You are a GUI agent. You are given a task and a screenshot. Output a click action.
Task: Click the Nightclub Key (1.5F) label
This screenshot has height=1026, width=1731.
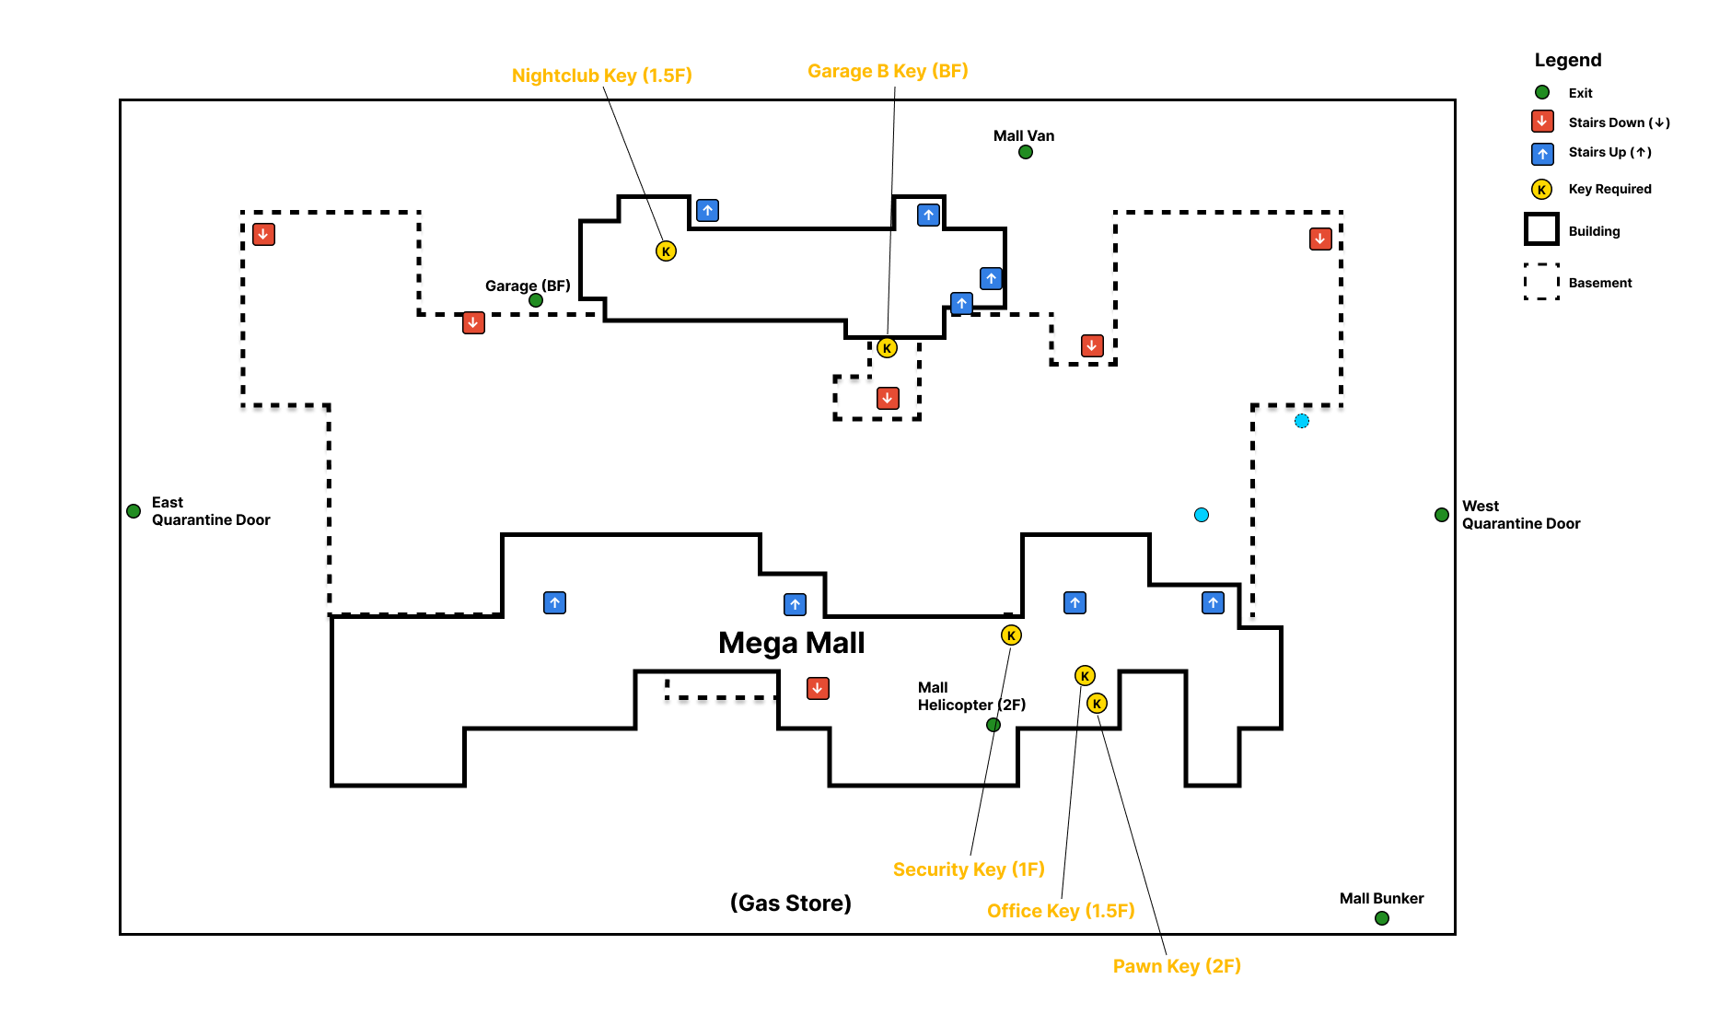coord(601,76)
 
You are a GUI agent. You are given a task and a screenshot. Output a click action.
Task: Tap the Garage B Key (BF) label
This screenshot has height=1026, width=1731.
coord(888,71)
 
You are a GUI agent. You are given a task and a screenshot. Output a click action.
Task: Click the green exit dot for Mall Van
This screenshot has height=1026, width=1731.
coord(1026,152)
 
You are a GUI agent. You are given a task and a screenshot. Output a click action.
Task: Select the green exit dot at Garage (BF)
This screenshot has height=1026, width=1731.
coord(536,300)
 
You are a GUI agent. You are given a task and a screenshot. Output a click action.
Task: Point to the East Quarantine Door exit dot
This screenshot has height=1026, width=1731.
coord(134,511)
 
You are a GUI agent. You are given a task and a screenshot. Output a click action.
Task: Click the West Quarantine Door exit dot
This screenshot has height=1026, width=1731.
coord(1442,515)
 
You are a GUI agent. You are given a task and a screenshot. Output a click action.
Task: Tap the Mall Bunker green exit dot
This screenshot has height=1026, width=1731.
coord(1382,918)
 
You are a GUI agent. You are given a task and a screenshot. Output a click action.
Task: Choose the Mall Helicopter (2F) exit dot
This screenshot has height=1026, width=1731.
coord(993,725)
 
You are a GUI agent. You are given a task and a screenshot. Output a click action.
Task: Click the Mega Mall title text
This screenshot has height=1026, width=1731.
coord(791,643)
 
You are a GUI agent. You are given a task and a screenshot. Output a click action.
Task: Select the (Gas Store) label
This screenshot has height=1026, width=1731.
coord(791,904)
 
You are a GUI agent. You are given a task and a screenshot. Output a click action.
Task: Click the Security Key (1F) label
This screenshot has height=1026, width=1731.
coord(969,869)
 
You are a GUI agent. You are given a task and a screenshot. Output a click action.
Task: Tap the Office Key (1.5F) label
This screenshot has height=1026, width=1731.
coord(1061,911)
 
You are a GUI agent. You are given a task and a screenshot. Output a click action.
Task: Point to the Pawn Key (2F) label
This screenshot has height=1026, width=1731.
coord(1177,966)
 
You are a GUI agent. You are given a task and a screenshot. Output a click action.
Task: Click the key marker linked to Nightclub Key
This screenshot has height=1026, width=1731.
coord(666,251)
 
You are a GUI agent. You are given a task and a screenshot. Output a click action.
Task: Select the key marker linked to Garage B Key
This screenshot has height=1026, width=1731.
coord(887,348)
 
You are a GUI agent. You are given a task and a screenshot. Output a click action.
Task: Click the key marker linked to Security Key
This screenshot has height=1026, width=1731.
coord(1011,635)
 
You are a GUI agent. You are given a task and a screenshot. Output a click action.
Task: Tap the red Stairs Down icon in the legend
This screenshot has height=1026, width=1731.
coord(1542,122)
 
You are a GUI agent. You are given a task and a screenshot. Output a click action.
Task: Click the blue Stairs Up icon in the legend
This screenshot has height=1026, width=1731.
coord(1542,153)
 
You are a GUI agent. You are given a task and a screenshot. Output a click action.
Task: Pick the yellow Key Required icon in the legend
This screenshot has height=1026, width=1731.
coord(1541,190)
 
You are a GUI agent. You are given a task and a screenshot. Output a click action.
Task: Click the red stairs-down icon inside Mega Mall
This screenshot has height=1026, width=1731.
coord(818,688)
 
